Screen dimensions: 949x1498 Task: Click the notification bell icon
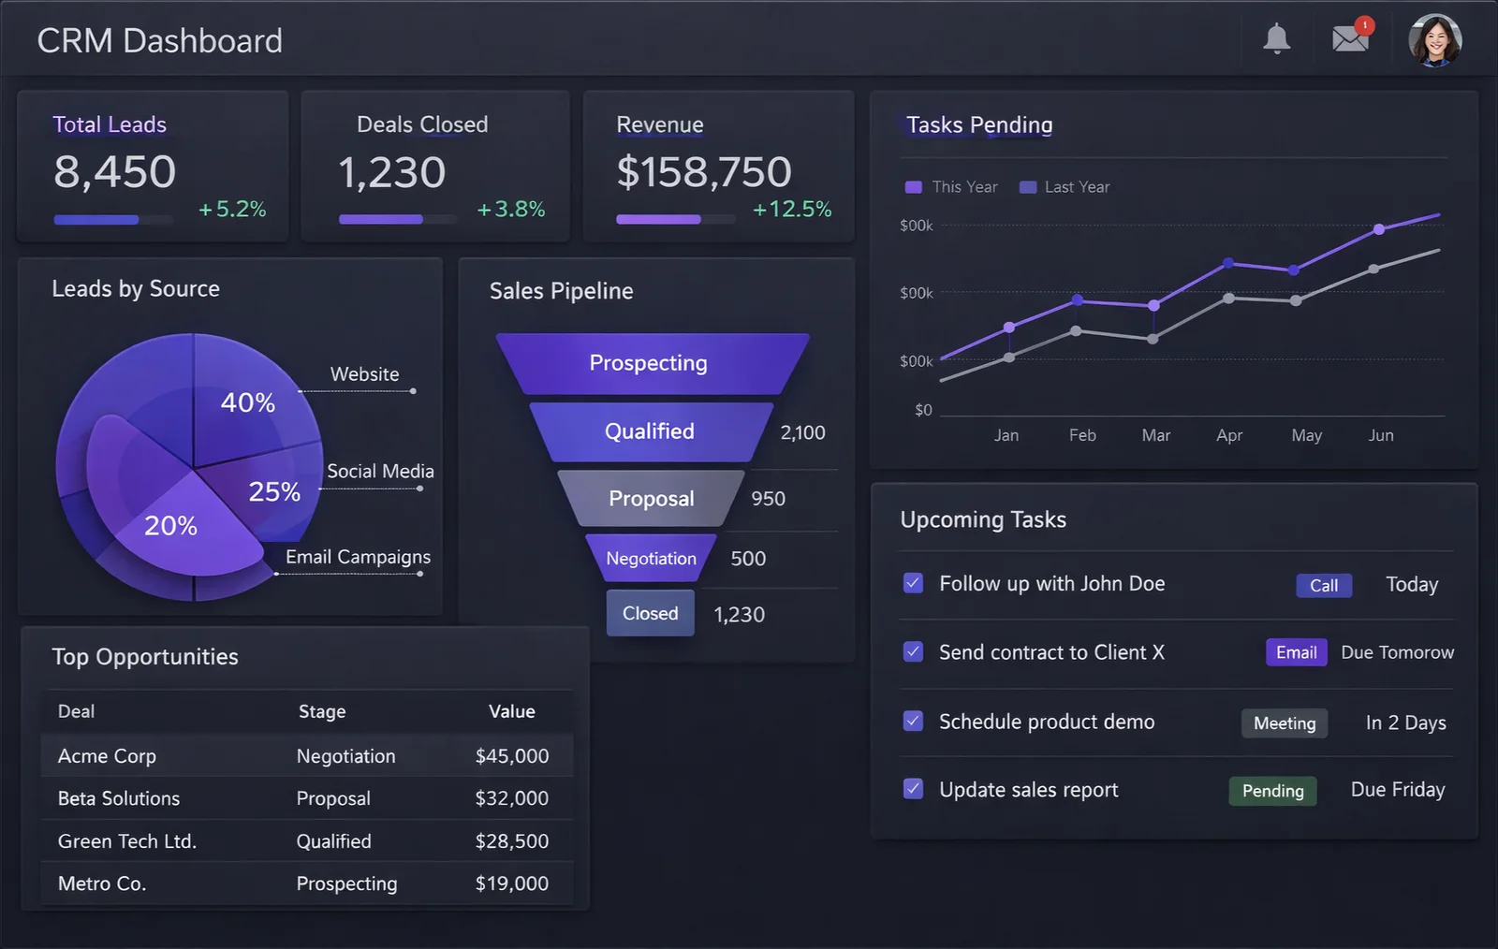tap(1276, 39)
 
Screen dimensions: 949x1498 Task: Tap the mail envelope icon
tap(1350, 39)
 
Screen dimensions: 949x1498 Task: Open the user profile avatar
tap(1434, 40)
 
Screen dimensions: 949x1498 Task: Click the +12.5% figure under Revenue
tap(791, 209)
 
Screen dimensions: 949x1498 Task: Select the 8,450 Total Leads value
tap(114, 171)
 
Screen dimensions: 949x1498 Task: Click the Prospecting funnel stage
tap(649, 363)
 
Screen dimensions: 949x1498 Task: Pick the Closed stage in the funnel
tap(650, 613)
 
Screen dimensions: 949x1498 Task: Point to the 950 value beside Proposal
tap(768, 499)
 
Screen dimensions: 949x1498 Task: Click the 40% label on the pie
tap(247, 402)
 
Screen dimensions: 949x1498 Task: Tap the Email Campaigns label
tap(358, 557)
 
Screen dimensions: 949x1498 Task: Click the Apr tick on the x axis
tap(1228, 435)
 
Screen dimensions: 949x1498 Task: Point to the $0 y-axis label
tap(923, 410)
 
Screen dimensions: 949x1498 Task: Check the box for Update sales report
tap(913, 789)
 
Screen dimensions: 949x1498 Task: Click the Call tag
tap(1323, 585)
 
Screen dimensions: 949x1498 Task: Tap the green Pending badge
tap(1272, 791)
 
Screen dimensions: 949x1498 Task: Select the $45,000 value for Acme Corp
tap(511, 756)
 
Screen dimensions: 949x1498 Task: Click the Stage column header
tap(322, 711)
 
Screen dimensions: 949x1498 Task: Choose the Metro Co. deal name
tap(102, 883)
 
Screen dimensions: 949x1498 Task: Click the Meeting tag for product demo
tap(1284, 723)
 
